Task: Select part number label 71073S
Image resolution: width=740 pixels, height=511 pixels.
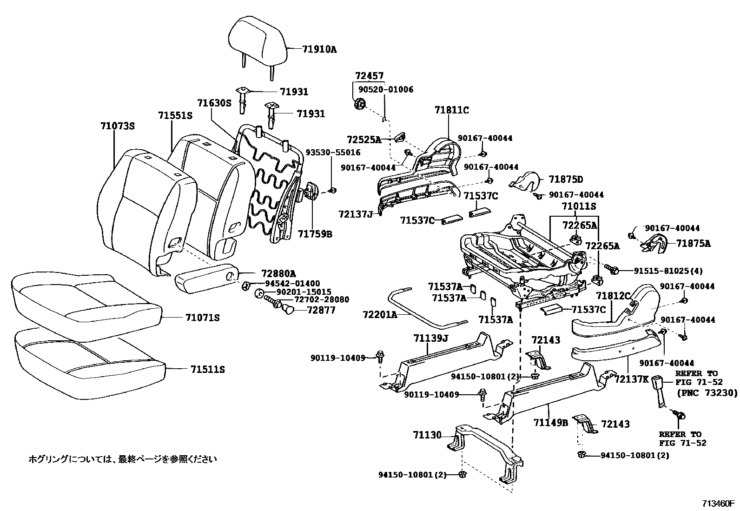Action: (117, 126)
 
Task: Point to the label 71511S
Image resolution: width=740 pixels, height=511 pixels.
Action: (207, 370)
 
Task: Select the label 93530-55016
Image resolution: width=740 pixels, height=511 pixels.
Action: (332, 153)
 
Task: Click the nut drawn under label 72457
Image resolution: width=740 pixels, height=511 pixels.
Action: (360, 105)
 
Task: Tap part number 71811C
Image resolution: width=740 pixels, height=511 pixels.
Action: (451, 110)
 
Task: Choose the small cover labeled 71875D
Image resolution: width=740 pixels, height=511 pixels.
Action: (525, 183)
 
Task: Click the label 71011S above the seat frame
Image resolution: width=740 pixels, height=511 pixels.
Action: (578, 206)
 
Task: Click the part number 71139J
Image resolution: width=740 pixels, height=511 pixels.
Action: (430, 338)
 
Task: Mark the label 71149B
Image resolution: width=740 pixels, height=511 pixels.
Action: (551, 422)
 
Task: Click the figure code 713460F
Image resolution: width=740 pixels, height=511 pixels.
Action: (718, 503)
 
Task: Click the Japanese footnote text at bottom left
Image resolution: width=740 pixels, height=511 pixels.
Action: (123, 459)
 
